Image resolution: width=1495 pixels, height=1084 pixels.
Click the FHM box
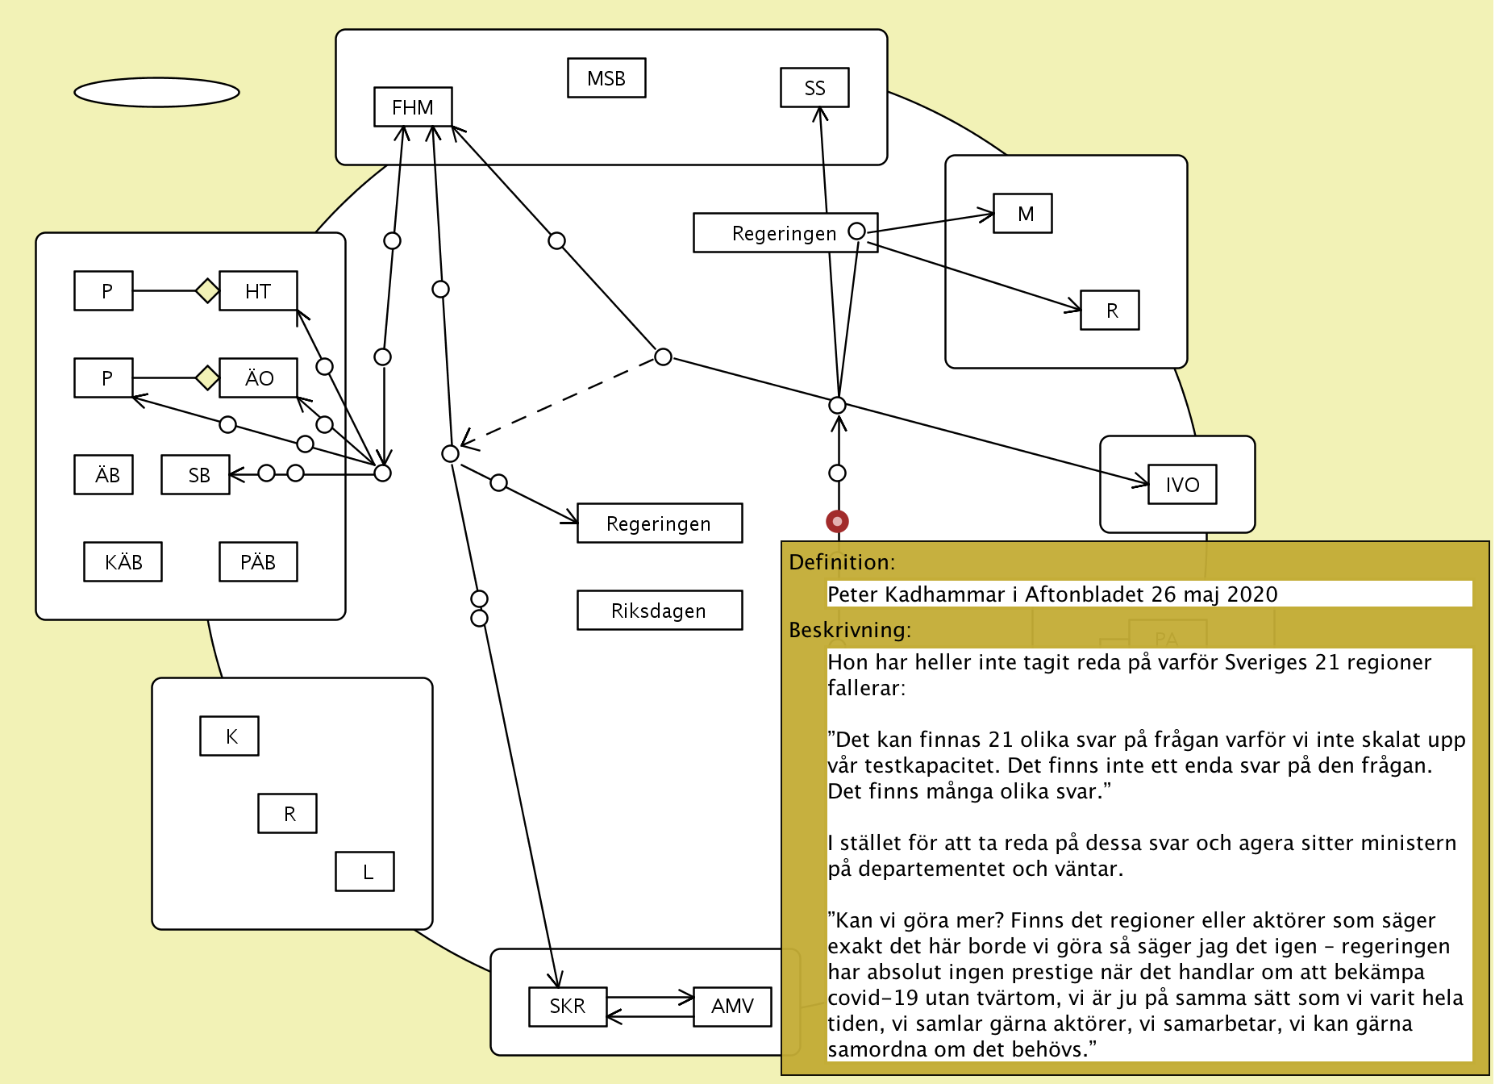(x=413, y=107)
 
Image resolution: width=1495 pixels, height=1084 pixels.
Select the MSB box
(x=606, y=78)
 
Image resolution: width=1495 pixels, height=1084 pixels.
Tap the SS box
(x=814, y=88)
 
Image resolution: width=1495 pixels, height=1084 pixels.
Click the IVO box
(x=1182, y=485)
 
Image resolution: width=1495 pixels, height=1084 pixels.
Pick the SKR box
(x=568, y=1007)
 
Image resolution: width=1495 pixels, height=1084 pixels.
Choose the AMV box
(x=732, y=1007)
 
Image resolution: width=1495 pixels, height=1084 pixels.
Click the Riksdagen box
(x=660, y=611)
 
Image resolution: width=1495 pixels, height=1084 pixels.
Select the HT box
(x=258, y=291)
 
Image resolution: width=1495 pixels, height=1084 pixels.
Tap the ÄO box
(x=258, y=378)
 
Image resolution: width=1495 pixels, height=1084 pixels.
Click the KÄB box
(x=123, y=562)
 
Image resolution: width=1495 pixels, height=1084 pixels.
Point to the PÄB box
(x=258, y=562)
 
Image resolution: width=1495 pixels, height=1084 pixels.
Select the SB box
(x=196, y=475)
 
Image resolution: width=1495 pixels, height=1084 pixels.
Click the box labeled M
(x=1022, y=214)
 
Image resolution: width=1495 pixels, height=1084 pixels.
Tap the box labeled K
(x=230, y=736)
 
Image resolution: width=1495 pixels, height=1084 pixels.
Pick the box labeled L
(x=365, y=872)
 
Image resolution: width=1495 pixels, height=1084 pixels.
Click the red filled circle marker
(x=837, y=522)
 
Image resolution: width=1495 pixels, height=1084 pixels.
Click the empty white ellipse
(x=156, y=93)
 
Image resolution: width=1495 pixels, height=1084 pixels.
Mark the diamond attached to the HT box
(x=207, y=290)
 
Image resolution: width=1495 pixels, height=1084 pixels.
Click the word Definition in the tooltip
(x=840, y=562)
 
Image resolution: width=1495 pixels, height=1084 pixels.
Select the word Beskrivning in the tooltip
(x=848, y=630)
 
